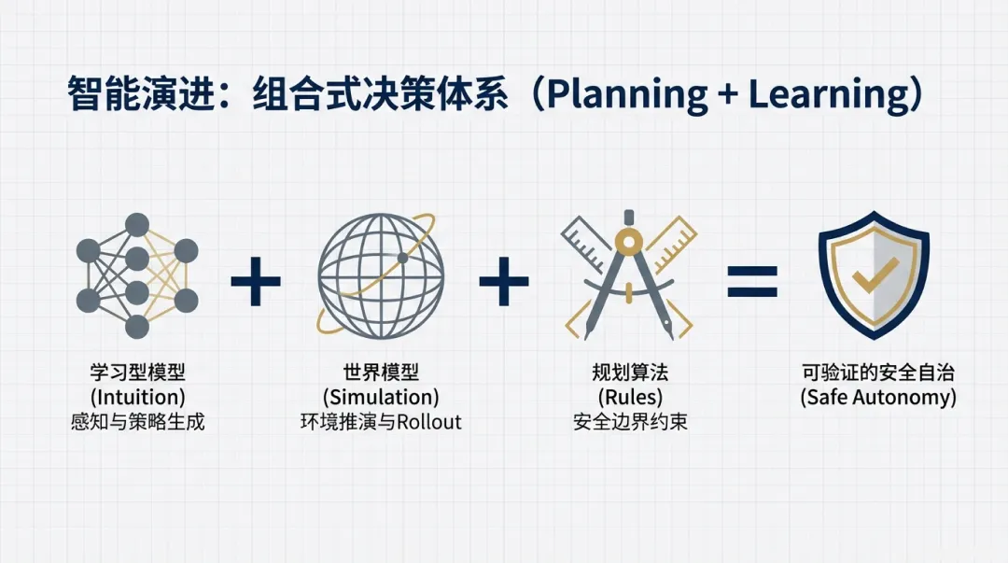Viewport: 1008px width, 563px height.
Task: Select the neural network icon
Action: pos(137,275)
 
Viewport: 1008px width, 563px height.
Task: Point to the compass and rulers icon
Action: pos(630,276)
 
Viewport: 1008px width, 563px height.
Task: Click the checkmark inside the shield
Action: pos(875,274)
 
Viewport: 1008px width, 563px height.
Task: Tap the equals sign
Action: pos(752,277)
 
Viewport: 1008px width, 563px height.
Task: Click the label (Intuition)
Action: pos(138,397)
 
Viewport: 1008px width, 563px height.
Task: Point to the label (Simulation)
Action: pos(380,397)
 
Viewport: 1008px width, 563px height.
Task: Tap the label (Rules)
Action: pos(630,397)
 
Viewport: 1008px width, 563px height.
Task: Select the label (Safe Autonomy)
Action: pos(878,397)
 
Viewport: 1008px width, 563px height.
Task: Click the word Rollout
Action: pos(429,421)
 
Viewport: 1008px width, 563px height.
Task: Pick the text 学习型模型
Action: pos(138,373)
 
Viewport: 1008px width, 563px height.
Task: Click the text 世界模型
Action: pos(380,373)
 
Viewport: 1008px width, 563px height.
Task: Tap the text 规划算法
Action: pos(630,373)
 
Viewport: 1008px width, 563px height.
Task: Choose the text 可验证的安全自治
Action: pos(878,373)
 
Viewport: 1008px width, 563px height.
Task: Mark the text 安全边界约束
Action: pos(630,421)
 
